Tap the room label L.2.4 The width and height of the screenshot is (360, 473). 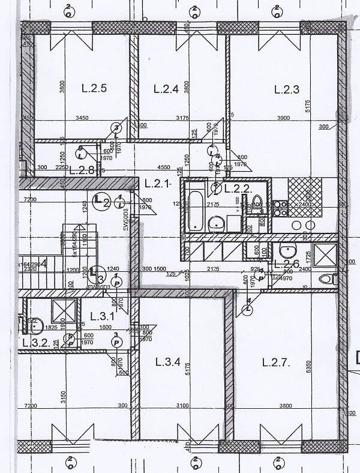166,89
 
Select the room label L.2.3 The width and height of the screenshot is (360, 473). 286,89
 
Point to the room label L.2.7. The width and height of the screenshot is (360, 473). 277,362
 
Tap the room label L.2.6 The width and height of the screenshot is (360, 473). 287,263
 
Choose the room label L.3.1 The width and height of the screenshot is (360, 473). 101,316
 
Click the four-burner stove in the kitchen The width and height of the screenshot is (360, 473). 280,208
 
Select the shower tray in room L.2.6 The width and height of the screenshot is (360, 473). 326,256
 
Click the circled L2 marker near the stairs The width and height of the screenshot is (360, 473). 102,202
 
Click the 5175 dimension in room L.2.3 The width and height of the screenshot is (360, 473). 324,107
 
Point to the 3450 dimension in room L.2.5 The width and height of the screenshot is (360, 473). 82,118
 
